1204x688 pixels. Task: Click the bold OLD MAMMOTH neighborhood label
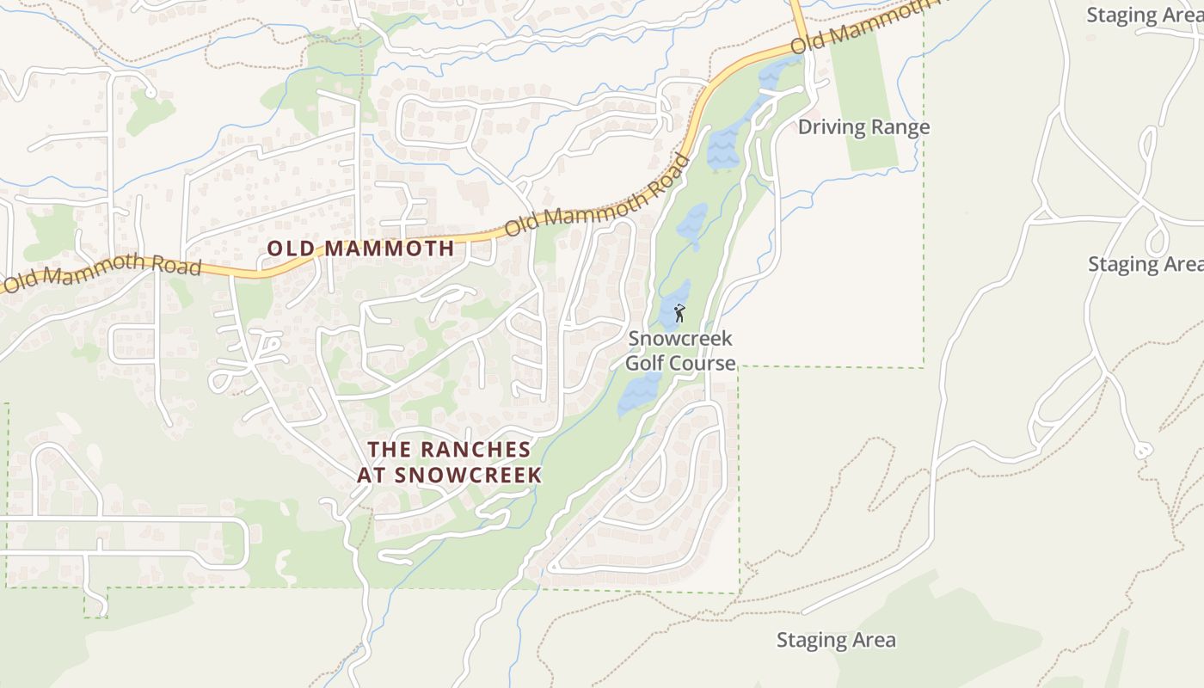[x=360, y=249]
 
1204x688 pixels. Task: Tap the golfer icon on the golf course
[x=679, y=313]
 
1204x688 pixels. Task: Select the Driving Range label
[x=863, y=127]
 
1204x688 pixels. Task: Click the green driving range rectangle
[x=864, y=95]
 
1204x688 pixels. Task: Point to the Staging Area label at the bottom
[x=836, y=640]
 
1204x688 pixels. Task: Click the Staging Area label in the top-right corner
[x=1144, y=15]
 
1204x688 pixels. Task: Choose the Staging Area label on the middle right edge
[x=1145, y=264]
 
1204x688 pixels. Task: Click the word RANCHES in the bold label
[x=476, y=449]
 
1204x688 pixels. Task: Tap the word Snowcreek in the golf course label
[x=679, y=338]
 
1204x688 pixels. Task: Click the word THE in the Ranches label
[x=386, y=449]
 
